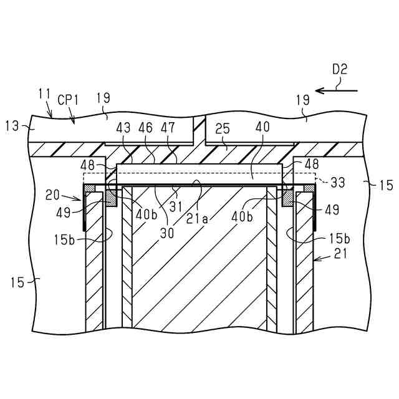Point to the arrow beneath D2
click(337, 90)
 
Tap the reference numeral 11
click(44, 94)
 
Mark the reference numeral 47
click(167, 128)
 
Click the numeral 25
click(222, 128)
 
